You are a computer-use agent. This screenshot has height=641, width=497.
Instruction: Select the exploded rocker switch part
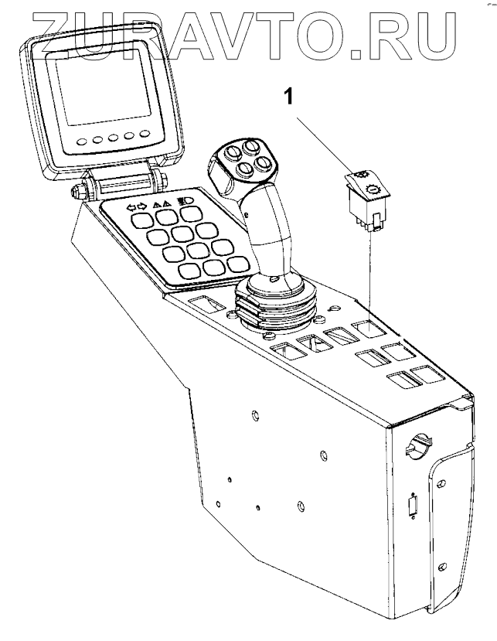click(x=366, y=200)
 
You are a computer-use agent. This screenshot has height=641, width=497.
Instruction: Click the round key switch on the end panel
click(x=417, y=447)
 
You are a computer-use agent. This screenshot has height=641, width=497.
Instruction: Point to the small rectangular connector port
click(x=412, y=510)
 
